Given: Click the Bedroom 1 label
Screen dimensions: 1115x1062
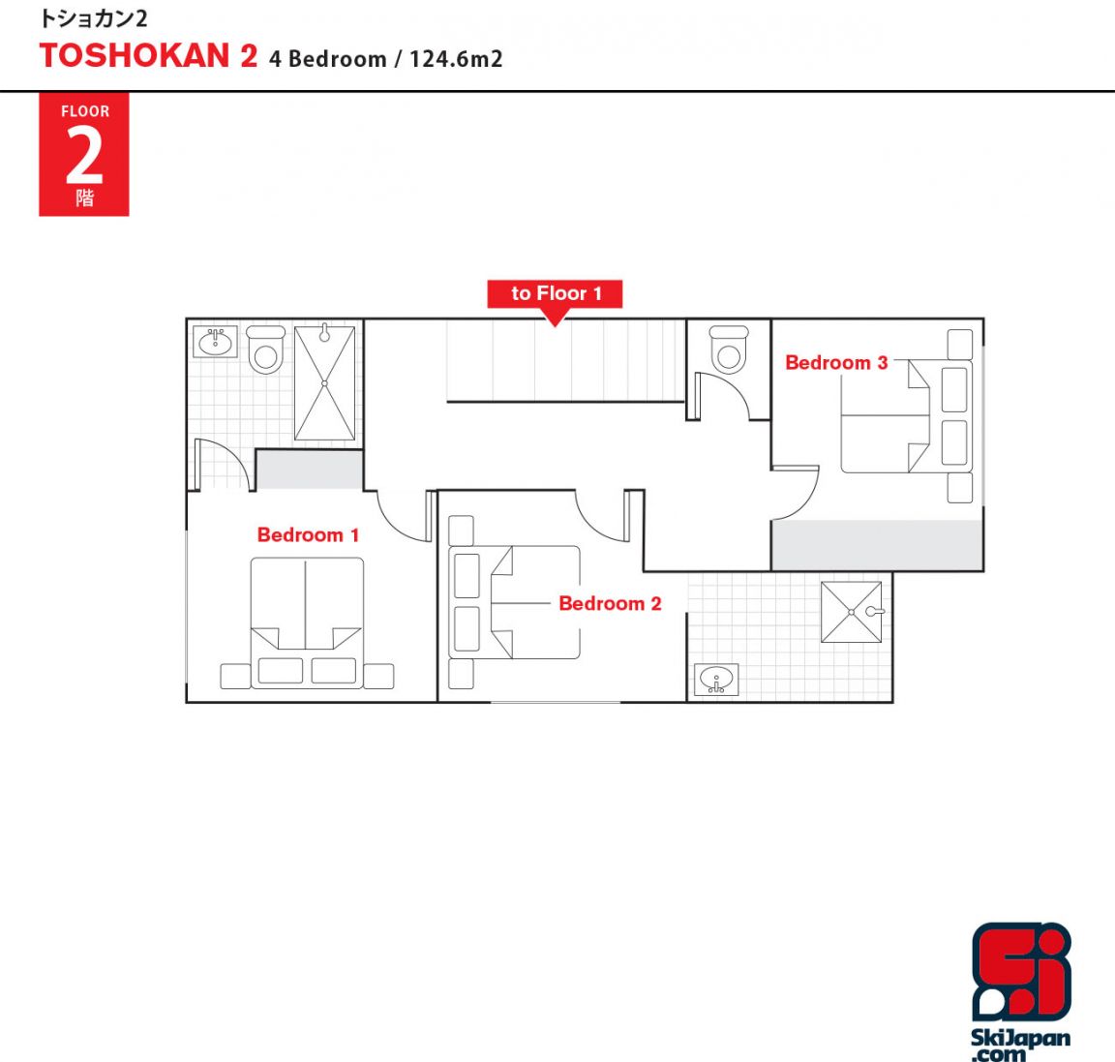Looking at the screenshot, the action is tap(308, 535).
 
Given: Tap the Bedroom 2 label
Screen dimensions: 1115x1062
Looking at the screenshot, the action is tap(610, 603).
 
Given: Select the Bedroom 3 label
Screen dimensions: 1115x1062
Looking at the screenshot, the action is tap(836, 363).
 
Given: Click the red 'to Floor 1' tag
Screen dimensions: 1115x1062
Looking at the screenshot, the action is tap(555, 293).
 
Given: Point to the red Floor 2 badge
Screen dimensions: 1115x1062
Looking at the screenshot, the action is tap(84, 154).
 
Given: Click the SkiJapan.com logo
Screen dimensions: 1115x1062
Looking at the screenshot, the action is tap(1021, 991).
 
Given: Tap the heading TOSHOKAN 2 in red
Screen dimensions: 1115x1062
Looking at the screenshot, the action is tap(149, 56).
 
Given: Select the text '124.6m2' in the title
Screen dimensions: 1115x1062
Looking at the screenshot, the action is tap(456, 58).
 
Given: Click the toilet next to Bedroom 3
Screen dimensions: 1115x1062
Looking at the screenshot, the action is tap(729, 349).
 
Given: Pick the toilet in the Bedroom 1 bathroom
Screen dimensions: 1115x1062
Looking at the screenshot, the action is tap(266, 349).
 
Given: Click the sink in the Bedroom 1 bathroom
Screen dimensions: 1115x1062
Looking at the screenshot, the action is tap(216, 342).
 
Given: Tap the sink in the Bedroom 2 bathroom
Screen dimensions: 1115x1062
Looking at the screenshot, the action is tap(716, 680).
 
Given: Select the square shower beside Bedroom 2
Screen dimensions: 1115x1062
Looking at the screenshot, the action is tap(851, 612).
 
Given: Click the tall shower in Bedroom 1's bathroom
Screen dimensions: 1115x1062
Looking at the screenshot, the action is tap(324, 383).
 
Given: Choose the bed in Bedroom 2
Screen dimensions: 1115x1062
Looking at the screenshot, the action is tap(514, 602).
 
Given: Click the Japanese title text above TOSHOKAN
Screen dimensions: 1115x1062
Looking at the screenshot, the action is tap(93, 18).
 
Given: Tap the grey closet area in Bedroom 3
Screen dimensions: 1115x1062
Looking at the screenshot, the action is tap(878, 545).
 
